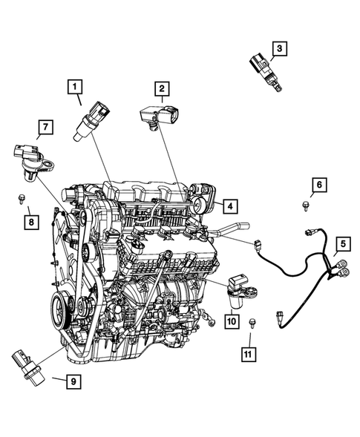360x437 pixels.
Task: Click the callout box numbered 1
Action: coord(75,87)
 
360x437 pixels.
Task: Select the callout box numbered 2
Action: coord(160,89)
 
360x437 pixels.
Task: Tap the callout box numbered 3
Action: coord(278,48)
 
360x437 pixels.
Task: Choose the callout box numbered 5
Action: coord(343,243)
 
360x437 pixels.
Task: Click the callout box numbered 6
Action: coord(317,184)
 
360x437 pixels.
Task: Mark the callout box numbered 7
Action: coord(45,128)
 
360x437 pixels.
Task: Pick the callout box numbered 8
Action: coord(30,220)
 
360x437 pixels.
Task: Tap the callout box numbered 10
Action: coord(230,321)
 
